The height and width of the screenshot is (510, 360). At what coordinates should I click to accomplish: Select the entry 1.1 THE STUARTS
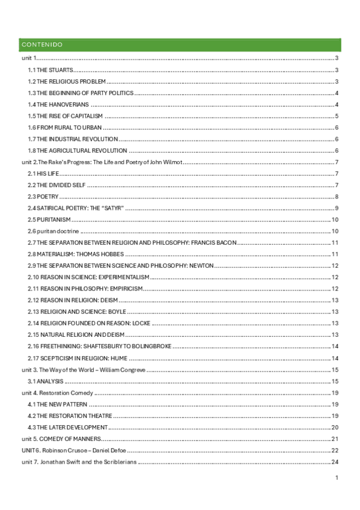coord(51,70)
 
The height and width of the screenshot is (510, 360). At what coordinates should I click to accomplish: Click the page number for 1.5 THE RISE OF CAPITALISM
coord(337,116)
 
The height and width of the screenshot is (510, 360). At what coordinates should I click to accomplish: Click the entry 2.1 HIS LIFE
coord(43,174)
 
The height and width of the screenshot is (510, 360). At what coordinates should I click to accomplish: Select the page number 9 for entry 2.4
coord(337,208)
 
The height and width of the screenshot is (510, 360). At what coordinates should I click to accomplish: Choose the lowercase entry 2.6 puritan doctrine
coord(53,231)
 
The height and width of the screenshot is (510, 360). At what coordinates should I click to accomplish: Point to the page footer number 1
coord(338,478)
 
